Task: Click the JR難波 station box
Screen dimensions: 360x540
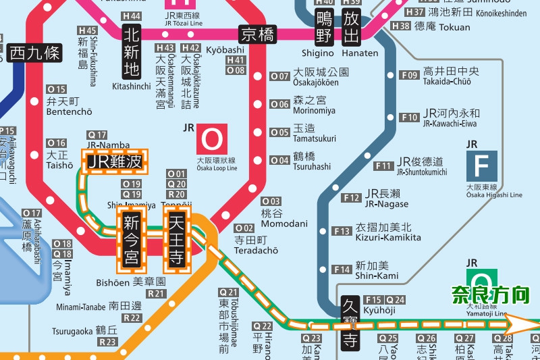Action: [115, 162]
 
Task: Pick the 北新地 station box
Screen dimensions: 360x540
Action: [132, 51]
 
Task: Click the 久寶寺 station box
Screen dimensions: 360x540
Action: [349, 324]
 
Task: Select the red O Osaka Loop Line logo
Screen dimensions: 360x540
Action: [212, 140]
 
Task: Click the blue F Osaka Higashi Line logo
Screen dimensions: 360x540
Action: [481, 165]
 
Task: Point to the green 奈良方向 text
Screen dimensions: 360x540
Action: [491, 295]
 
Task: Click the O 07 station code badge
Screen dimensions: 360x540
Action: [279, 76]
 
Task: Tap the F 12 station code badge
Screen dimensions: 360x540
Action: [351, 198]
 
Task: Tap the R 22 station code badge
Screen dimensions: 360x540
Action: [132, 318]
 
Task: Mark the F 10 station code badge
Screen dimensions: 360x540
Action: [409, 118]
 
